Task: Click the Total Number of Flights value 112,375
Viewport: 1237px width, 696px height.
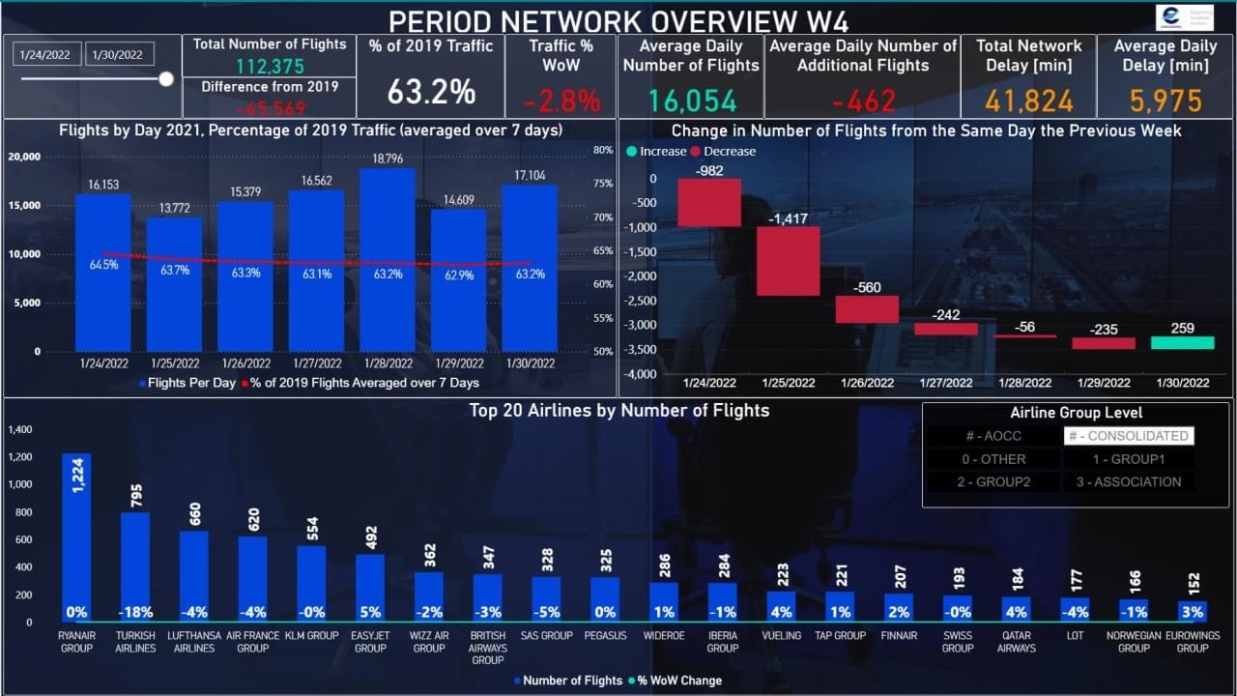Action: (269, 67)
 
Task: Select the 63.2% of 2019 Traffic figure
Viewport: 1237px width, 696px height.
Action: (431, 93)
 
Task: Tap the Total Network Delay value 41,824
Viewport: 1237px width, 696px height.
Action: (1029, 101)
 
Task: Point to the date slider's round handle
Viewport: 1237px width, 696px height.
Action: (166, 79)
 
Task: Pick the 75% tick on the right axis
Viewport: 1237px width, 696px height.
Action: (603, 184)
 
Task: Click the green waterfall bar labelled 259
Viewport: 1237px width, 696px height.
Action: (1182, 342)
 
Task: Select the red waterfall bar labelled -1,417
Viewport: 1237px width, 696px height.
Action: (788, 261)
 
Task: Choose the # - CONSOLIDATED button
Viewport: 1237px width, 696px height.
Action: (1129, 436)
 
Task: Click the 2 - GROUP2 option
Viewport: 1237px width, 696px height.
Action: (993, 481)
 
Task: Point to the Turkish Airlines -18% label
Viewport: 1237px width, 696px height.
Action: (135, 612)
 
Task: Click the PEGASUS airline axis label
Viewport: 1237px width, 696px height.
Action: (605, 636)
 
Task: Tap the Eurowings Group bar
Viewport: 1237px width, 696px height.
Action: (1193, 611)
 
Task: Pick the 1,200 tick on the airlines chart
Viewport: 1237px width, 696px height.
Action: (20, 457)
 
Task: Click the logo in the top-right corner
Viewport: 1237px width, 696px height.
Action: (1185, 17)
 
